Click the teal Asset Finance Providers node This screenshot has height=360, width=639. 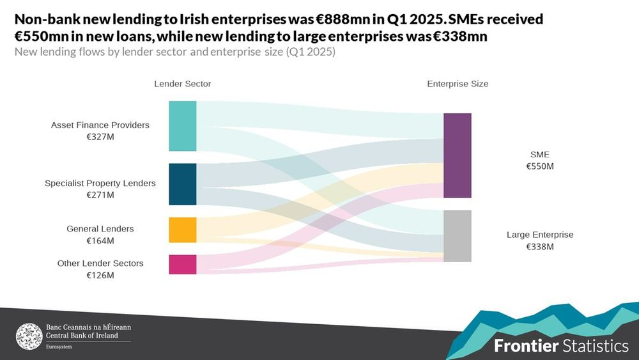click(182, 126)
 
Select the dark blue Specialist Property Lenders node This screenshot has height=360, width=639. click(182, 184)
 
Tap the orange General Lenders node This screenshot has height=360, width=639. click(182, 230)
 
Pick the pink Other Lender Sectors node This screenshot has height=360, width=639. click(182, 264)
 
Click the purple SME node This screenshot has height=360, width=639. click(457, 155)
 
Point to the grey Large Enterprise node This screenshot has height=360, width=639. click(457, 236)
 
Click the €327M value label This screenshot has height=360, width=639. click(100, 137)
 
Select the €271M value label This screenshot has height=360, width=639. click(100, 195)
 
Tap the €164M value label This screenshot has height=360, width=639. click(100, 240)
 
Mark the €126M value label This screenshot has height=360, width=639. click(100, 276)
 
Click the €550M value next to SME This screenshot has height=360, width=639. click(540, 166)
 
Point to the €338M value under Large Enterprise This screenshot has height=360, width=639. click(540, 247)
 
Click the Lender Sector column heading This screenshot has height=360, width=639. click(182, 84)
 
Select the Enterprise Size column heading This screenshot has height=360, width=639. click(458, 84)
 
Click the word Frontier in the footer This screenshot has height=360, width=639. click(526, 346)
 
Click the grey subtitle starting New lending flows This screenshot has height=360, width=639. click(174, 52)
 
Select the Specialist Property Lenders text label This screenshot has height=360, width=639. click(100, 184)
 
